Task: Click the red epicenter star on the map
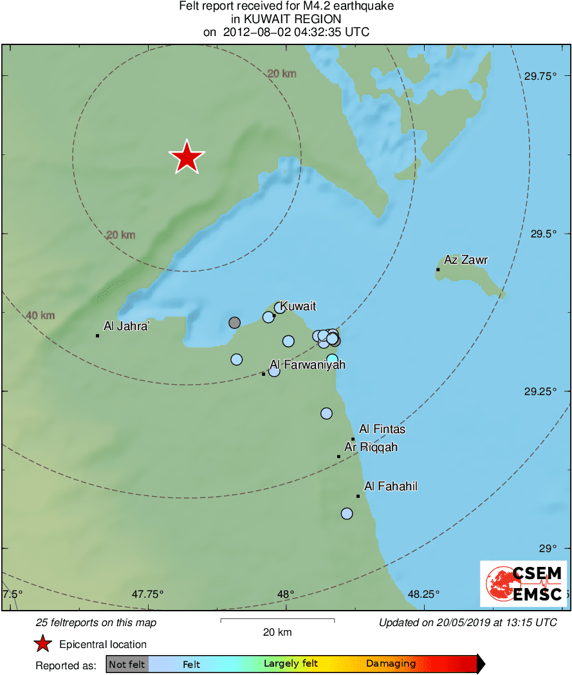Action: pyautogui.click(x=187, y=157)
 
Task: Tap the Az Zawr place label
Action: pyautogui.click(x=466, y=260)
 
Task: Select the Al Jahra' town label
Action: pyautogui.click(x=127, y=326)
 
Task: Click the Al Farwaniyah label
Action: pyautogui.click(x=307, y=365)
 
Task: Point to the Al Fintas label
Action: pyautogui.click(x=382, y=429)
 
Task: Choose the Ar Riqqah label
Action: pyautogui.click(x=371, y=447)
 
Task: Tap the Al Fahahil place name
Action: pyautogui.click(x=391, y=486)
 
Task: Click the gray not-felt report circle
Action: pyautogui.click(x=235, y=322)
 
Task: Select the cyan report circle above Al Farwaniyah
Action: pyautogui.click(x=332, y=359)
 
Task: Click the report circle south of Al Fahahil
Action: pyautogui.click(x=347, y=513)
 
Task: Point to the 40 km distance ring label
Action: pyautogui.click(x=41, y=315)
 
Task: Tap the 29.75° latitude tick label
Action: pyautogui.click(x=539, y=76)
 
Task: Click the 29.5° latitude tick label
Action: pyautogui.click(x=542, y=234)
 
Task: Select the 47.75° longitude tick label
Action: pyautogui.click(x=148, y=593)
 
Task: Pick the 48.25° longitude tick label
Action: pyautogui.click(x=423, y=593)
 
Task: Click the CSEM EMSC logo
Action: pyautogui.click(x=524, y=584)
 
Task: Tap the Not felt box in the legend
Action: pyautogui.click(x=127, y=664)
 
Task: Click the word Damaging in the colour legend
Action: pyautogui.click(x=391, y=664)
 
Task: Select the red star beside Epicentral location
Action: pyautogui.click(x=43, y=644)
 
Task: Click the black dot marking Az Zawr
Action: pyautogui.click(x=438, y=270)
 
